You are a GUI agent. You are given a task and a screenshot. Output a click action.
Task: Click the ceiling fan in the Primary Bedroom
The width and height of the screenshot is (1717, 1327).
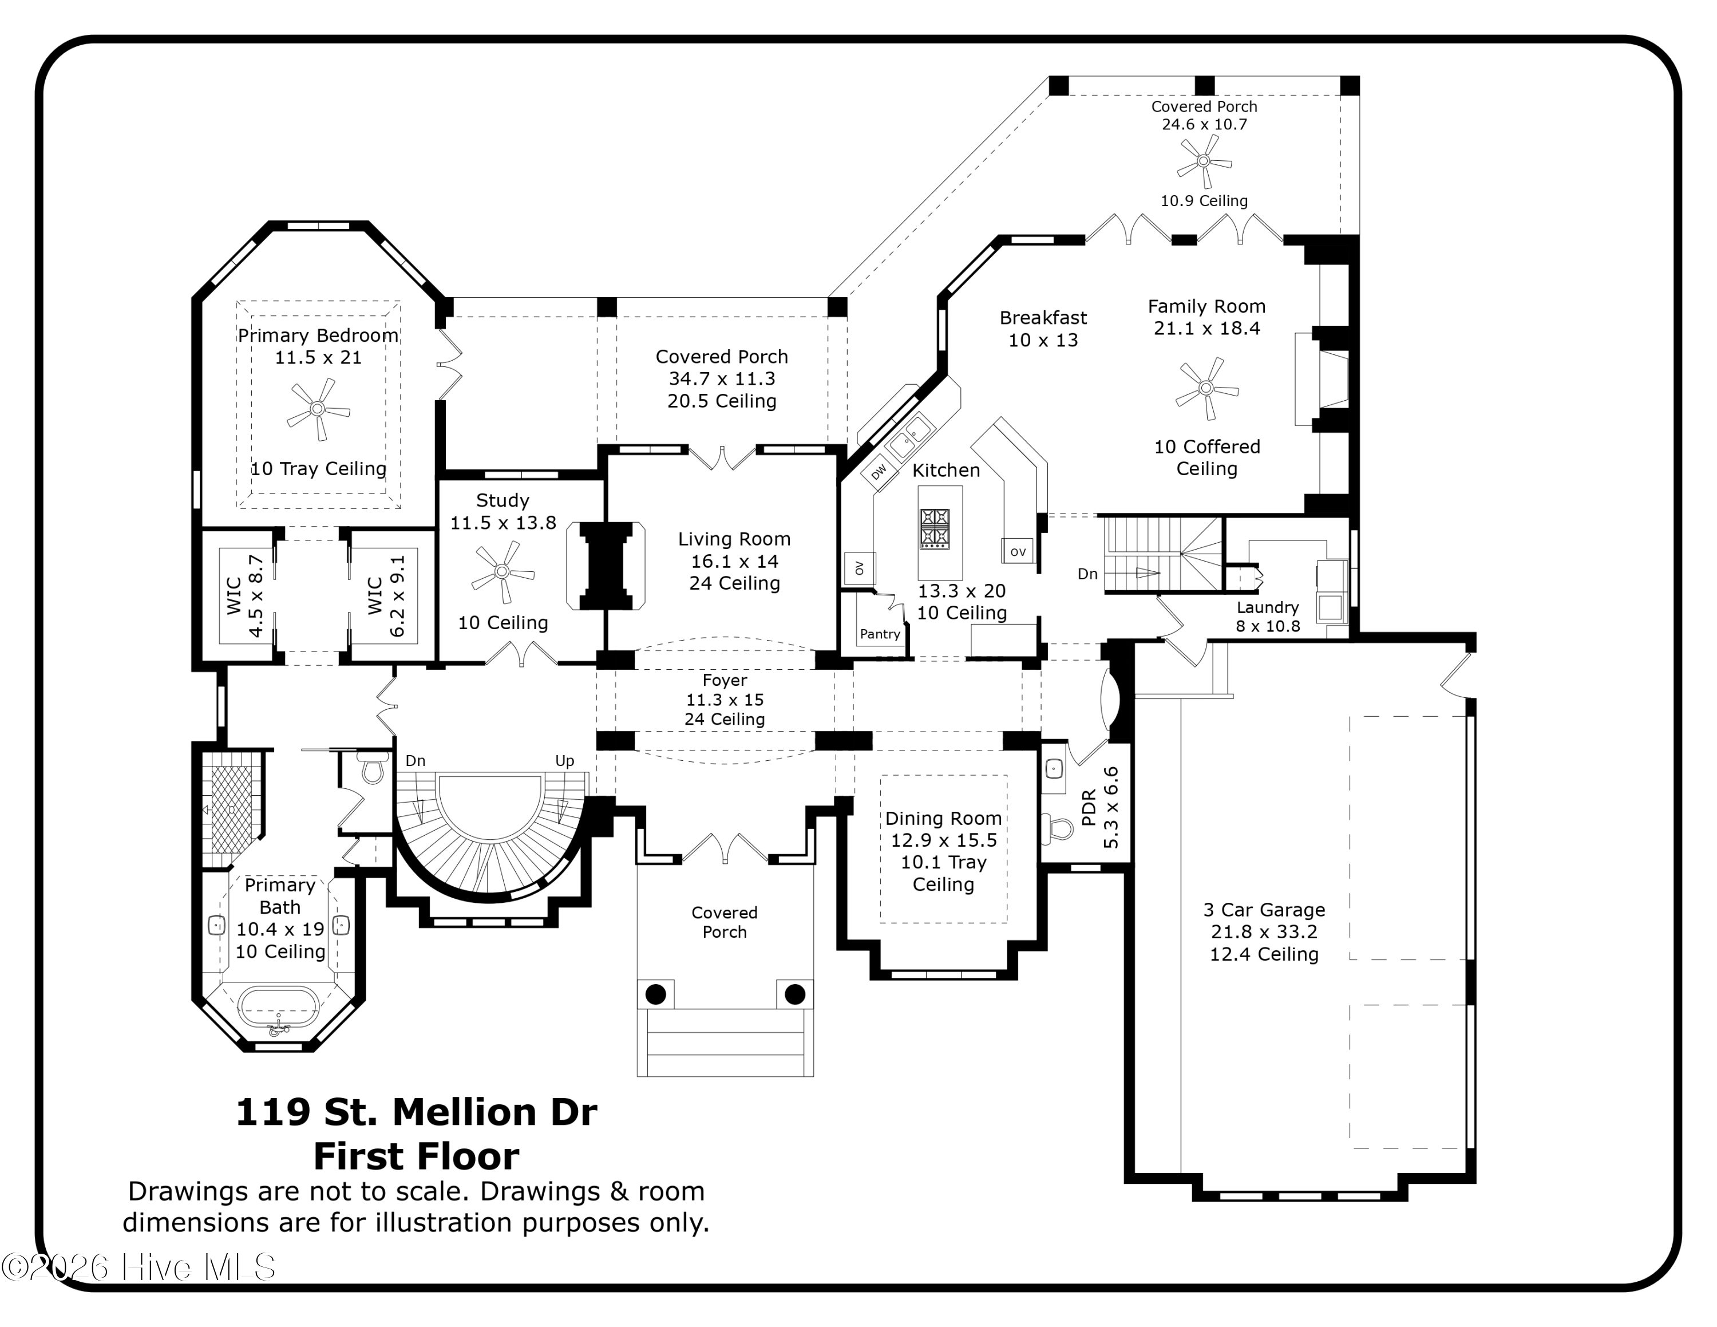(318, 409)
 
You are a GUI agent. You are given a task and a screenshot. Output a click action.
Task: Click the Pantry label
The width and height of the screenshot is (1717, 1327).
(880, 634)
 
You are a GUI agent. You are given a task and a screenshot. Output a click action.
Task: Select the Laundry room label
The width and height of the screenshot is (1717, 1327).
(1267, 607)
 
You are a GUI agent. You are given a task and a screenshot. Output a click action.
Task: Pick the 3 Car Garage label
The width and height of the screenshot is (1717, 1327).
(1264, 910)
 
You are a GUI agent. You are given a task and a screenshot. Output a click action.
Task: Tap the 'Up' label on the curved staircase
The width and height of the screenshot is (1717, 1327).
(564, 761)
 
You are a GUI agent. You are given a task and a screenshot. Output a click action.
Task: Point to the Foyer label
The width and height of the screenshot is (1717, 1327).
(724, 680)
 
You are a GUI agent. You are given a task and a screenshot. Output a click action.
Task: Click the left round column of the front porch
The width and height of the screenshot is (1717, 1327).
(656, 994)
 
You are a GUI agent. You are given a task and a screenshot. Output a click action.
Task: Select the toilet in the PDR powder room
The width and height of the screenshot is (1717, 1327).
(1058, 827)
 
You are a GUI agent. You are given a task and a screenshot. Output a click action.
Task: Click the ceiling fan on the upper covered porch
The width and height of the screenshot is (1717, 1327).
(1204, 161)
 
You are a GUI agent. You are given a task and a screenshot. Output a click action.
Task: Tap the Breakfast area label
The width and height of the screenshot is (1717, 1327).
(1043, 318)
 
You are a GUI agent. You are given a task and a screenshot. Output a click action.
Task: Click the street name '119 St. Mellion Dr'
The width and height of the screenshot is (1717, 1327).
(417, 1112)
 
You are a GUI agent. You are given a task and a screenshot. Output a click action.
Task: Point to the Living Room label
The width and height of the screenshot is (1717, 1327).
(734, 539)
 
